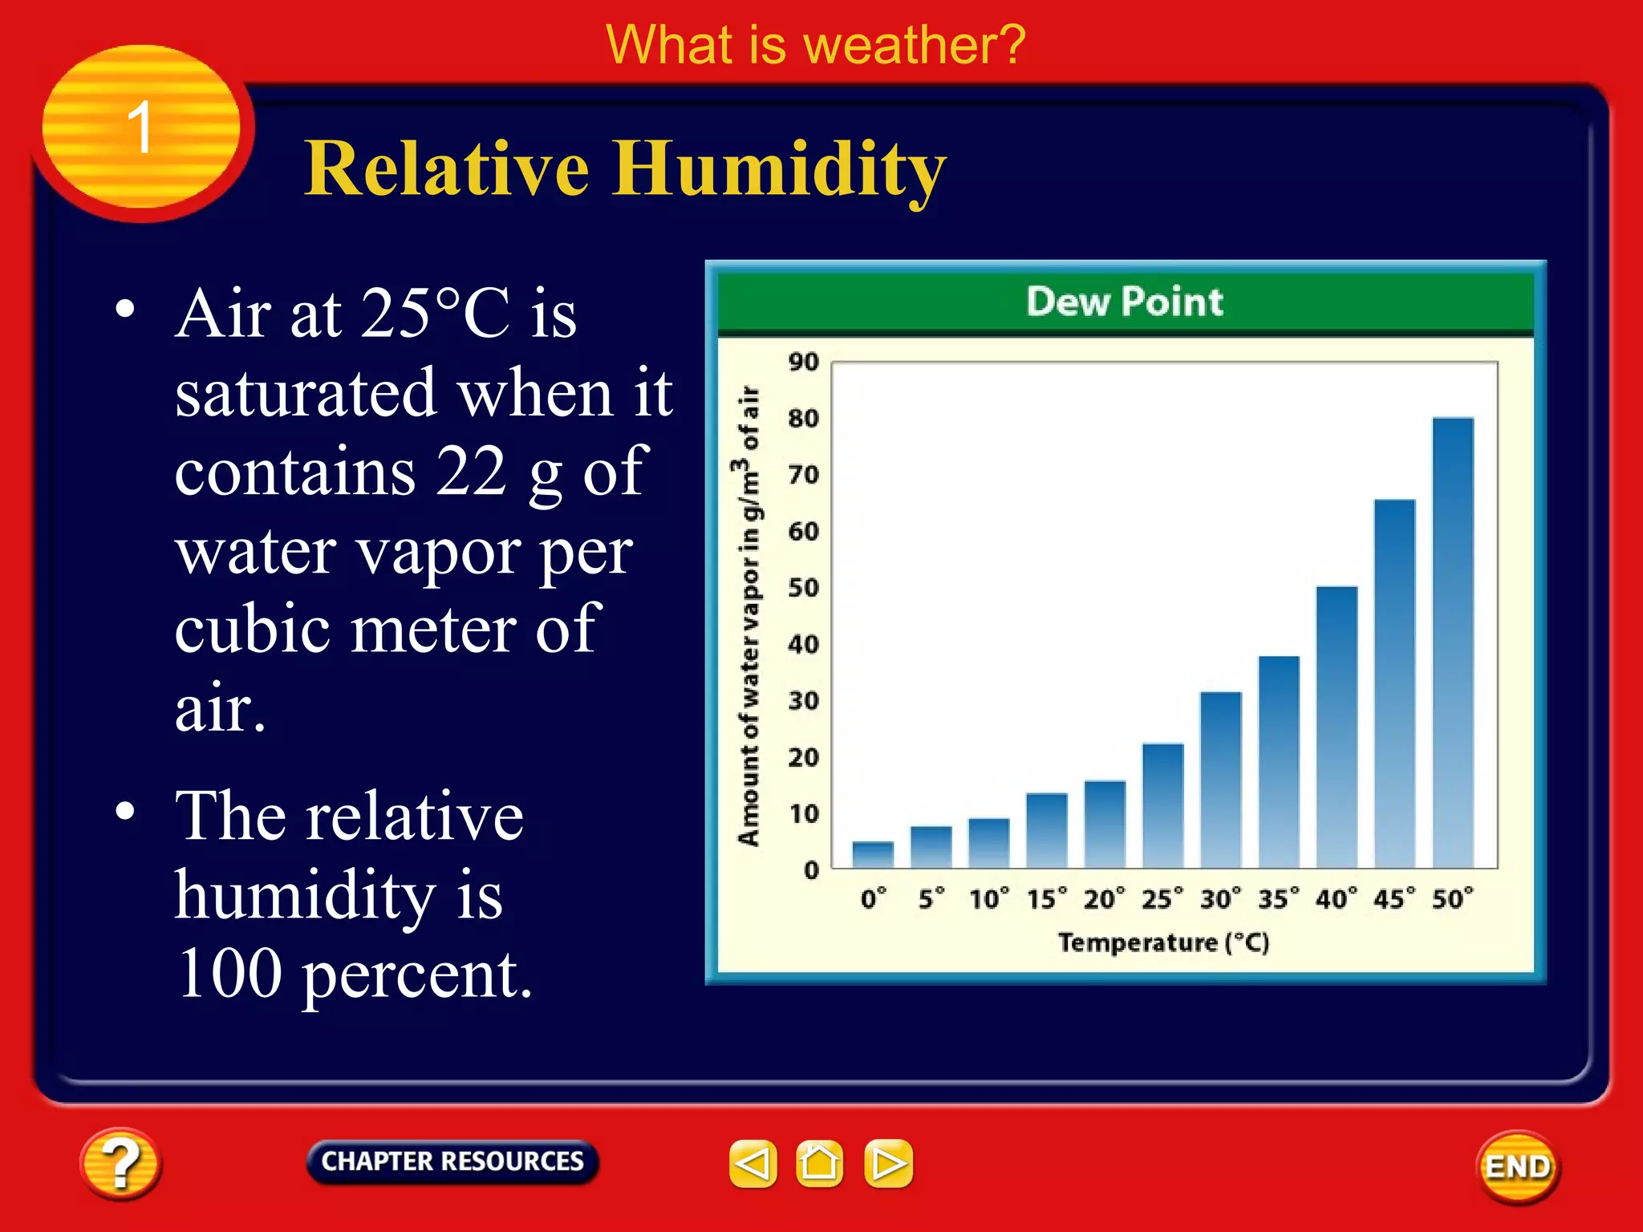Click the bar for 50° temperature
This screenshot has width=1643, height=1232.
1453,642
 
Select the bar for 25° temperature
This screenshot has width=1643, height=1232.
1162,805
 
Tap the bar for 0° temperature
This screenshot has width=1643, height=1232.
873,854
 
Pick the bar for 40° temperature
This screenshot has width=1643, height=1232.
1337,727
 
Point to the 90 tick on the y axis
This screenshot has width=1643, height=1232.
803,362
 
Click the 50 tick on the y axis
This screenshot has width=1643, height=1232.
803,588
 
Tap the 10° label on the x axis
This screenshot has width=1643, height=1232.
988,899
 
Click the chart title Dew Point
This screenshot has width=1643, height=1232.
1125,302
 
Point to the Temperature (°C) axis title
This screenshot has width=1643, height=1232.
1163,942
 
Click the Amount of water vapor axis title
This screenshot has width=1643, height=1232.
748,616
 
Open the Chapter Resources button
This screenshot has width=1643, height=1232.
452,1161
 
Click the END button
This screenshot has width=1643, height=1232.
1517,1166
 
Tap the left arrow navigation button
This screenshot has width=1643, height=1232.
753,1163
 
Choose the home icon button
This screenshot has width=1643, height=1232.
819,1163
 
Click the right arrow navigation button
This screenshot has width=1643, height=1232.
888,1163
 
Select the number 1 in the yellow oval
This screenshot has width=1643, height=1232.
140,128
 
